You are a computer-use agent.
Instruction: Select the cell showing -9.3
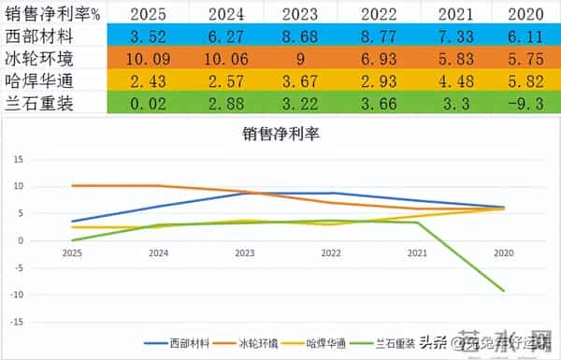519,103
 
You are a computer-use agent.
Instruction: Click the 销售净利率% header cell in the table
51,13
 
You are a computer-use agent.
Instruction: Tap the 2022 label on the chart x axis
331,253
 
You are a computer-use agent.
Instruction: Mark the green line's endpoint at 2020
505,291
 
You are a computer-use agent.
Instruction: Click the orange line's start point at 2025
71,185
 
